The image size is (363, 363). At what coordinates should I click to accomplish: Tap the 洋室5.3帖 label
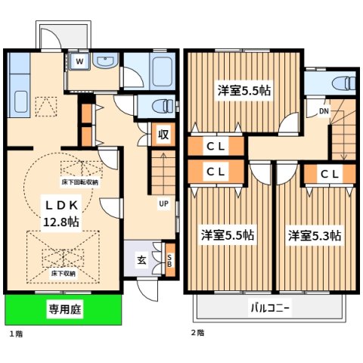(314, 235)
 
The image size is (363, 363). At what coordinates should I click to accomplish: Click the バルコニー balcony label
(269, 309)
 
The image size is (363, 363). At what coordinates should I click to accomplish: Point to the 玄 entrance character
(141, 259)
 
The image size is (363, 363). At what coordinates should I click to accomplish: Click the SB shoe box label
(169, 259)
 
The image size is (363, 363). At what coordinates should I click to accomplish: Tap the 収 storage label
(163, 135)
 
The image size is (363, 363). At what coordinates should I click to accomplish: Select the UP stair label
(163, 203)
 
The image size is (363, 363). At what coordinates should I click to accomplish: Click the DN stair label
(324, 112)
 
